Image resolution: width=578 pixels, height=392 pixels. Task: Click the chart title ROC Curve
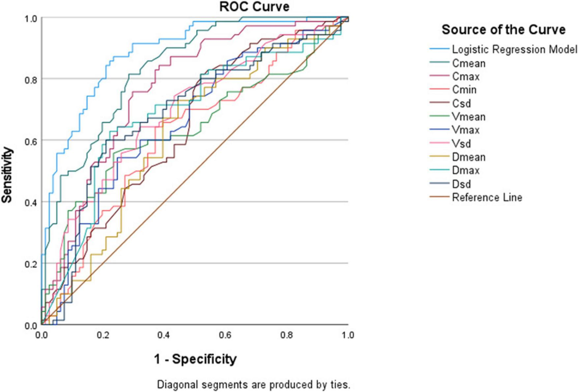click(254, 7)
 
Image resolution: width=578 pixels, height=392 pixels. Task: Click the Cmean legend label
click(469, 63)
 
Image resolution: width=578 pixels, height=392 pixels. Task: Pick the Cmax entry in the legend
click(466, 77)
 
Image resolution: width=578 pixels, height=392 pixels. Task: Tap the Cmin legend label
click(464, 90)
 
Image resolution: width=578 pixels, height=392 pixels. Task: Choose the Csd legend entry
click(461, 103)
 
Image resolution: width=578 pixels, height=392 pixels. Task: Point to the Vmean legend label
click(469, 117)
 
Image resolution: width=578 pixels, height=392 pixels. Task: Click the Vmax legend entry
click(466, 130)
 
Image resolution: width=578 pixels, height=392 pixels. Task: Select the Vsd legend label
click(461, 144)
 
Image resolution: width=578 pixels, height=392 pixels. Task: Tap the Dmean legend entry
click(469, 157)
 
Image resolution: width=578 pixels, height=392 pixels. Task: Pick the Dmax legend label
click(466, 170)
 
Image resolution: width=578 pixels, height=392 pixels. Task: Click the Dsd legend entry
click(461, 184)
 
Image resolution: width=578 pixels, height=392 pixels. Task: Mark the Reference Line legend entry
click(487, 197)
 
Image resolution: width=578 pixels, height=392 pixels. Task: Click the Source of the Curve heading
click(504, 30)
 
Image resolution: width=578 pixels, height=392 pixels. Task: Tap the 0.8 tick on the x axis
click(286, 335)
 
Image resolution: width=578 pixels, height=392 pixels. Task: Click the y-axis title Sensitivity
click(7, 175)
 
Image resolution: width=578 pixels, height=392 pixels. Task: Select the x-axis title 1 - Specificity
click(195, 359)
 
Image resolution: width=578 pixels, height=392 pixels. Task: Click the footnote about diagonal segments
click(253, 385)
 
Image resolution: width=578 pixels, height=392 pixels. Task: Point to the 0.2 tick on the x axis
click(103, 335)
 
